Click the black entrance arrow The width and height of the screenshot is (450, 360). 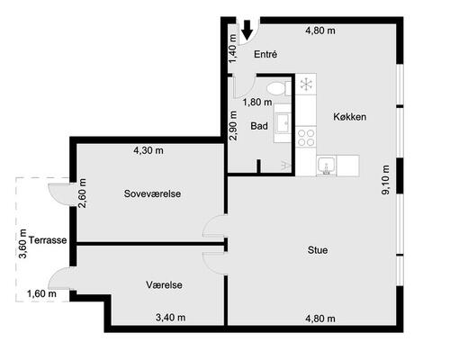(247, 30)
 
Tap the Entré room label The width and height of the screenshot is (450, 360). (265, 54)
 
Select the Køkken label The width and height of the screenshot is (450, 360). (350, 117)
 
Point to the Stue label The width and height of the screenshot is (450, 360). (318, 250)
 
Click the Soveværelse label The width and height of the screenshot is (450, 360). (152, 193)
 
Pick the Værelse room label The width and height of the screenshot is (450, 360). (164, 284)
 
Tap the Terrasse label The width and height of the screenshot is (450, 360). (48, 240)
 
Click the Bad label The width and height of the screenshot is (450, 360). (259, 126)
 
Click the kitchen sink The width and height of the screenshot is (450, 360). (327, 166)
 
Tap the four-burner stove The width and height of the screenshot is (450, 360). (306, 137)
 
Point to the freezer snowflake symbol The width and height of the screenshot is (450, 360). (306, 84)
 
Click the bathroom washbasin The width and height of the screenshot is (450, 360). (283, 123)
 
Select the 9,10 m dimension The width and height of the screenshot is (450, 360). (385, 180)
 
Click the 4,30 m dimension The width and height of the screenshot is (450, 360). (148, 150)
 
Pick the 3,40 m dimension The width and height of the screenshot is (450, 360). (170, 317)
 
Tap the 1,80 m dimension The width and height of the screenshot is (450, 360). (257, 103)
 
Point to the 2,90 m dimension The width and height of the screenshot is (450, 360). (233, 126)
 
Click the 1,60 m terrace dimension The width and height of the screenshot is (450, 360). (41, 293)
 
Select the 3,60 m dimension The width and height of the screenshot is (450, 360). (22, 244)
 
